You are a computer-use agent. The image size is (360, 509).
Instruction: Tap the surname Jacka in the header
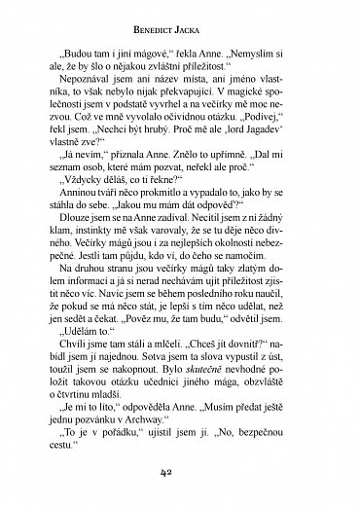(x=204, y=18)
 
